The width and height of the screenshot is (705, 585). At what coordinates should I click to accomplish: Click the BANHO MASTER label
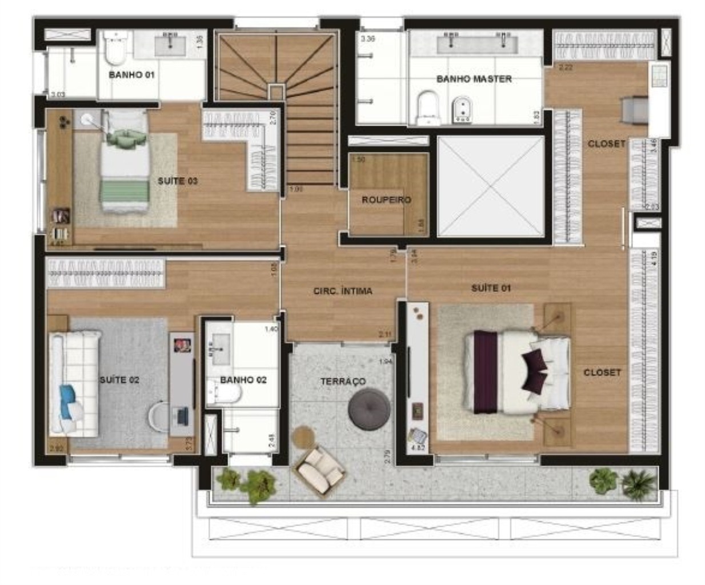(x=474, y=79)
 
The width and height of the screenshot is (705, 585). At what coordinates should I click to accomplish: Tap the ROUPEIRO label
(x=386, y=200)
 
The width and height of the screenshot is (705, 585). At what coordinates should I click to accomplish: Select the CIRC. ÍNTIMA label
(x=343, y=291)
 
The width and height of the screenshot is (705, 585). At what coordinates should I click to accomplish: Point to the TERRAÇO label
(x=343, y=381)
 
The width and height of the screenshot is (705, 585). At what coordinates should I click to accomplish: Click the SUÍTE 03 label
(x=178, y=181)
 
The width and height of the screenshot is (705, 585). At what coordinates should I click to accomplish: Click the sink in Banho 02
(x=219, y=346)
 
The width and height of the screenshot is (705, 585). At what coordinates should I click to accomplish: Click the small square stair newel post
(x=276, y=91)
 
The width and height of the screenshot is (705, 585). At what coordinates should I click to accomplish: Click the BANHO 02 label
(x=243, y=380)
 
